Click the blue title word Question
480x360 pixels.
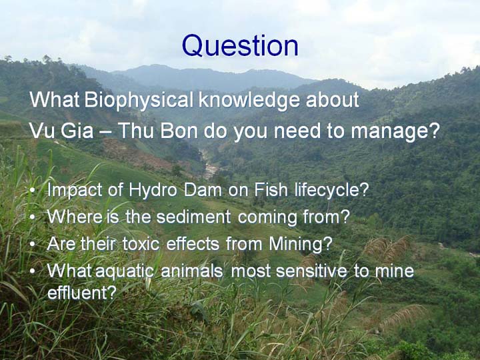[240, 46]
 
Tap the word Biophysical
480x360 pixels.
[139, 101]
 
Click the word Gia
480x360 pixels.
[77, 131]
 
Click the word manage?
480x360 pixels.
[395, 132]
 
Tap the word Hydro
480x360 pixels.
[153, 191]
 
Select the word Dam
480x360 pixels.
[203, 190]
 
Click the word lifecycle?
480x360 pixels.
[331, 191]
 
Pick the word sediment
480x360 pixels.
[193, 217]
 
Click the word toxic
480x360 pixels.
[141, 244]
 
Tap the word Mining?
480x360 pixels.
[300, 245]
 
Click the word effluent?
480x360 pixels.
[82, 293]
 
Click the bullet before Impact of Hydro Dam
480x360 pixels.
[33, 191]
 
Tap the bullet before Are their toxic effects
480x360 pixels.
[33, 244]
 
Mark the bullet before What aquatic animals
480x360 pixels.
[33, 271]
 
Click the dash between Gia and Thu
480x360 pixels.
[105, 132]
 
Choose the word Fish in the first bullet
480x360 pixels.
[271, 190]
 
